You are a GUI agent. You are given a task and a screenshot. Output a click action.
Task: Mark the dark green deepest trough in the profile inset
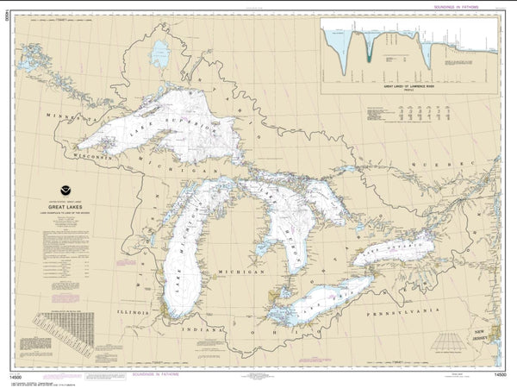(x=369, y=57)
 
